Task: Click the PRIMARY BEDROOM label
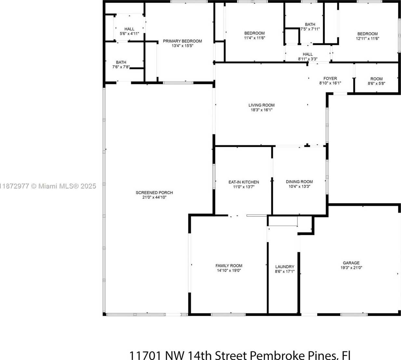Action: click(x=182, y=41)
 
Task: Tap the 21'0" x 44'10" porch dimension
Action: click(x=154, y=197)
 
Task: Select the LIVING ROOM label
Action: click(x=261, y=105)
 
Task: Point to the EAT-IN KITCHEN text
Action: click(x=244, y=182)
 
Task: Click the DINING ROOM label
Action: click(x=299, y=182)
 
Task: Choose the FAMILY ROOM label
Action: click(x=229, y=266)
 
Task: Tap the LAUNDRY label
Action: click(x=285, y=267)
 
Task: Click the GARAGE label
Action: click(x=351, y=263)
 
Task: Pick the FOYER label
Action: click(x=330, y=78)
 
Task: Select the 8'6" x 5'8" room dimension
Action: click(x=377, y=83)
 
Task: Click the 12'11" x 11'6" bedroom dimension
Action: click(x=368, y=39)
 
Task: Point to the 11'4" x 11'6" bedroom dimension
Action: click(x=255, y=38)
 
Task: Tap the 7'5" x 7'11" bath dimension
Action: click(x=310, y=29)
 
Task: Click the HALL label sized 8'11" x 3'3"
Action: click(x=308, y=54)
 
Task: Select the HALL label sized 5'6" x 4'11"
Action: click(x=129, y=29)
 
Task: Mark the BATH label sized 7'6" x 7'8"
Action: click(x=121, y=62)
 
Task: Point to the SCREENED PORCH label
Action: click(x=154, y=193)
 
